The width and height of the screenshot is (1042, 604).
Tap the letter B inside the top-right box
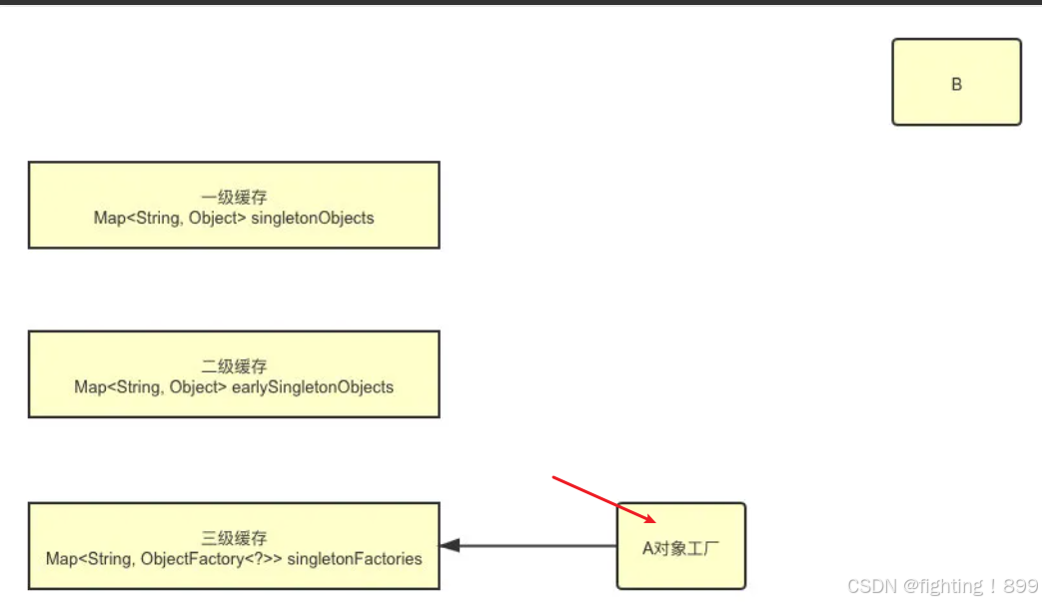956,85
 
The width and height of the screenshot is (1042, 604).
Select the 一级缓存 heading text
234,198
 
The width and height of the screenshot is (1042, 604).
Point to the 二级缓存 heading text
234,366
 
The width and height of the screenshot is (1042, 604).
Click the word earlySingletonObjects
313,386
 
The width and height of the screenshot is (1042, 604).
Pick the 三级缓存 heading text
234,538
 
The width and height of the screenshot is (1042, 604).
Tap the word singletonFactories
355,558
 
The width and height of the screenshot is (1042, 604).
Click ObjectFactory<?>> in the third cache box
212,558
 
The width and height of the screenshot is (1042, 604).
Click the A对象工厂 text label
680,548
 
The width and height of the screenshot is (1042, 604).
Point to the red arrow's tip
655,522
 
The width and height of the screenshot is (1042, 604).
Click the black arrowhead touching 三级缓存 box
449,546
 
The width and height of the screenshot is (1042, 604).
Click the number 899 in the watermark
1020,586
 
